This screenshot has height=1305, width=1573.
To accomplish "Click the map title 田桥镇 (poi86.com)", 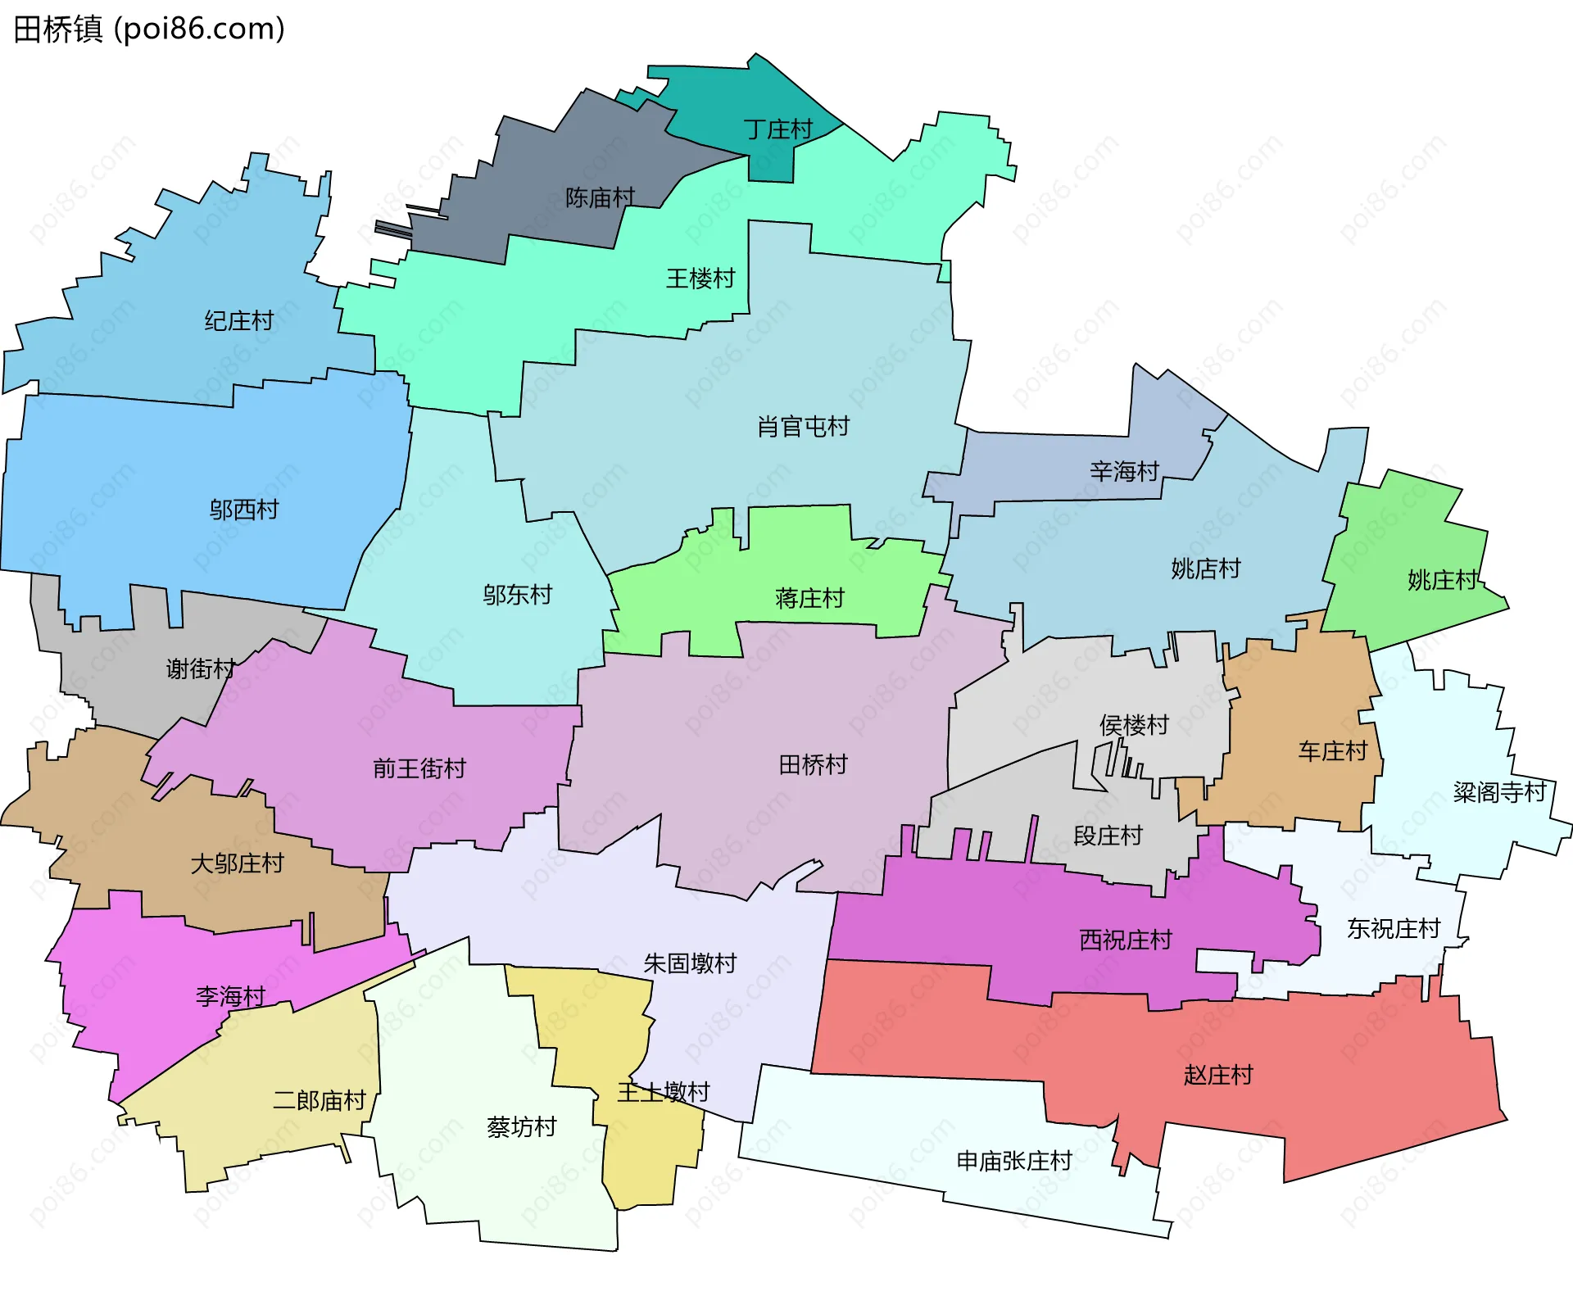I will coord(149,29).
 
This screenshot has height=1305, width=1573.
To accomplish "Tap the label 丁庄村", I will coord(777,129).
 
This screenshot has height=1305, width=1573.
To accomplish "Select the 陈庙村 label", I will coord(600,197).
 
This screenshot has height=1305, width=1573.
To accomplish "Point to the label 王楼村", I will coord(700,279).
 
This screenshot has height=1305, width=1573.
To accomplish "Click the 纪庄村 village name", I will coord(238,320).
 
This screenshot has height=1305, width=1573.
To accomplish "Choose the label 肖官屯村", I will coord(803,426).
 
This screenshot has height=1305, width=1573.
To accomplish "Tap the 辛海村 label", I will coord(1124,471).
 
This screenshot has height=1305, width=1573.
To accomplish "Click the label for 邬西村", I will coord(243,510).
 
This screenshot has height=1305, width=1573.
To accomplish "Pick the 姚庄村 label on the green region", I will coord(1442,580).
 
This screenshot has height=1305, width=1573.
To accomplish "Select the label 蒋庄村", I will coord(809,598).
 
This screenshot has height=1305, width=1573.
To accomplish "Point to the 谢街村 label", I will coord(201,669).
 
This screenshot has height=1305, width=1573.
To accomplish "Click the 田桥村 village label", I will coord(813,764).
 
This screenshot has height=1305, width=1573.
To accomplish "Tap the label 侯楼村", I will coord(1134,725).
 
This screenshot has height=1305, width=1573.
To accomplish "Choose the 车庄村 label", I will coord(1332,750).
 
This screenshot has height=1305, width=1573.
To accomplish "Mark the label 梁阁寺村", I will coord(1499,792).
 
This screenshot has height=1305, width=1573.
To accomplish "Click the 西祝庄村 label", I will coord(1126,940).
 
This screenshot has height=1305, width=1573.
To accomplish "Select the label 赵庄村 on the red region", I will coord(1218,1075).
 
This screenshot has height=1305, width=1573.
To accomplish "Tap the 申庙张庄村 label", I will coord(1014,1161).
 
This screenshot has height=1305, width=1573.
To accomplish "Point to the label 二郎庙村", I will coord(319,1100).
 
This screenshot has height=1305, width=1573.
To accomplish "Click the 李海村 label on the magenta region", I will coord(230,996).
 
